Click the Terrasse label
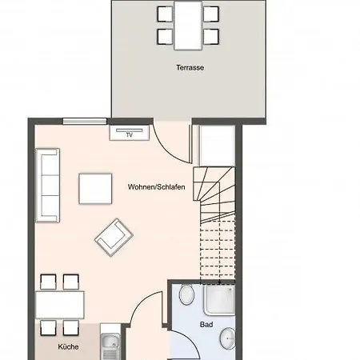190,68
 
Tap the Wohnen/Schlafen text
156,187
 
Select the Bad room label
206,325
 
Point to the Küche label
68,346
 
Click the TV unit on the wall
130,133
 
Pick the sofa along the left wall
47,186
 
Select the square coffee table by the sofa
95,189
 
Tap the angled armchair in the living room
114,238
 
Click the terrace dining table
188,26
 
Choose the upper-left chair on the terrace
165,14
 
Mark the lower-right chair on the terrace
211,37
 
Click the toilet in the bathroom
186,294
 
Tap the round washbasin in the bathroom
228,338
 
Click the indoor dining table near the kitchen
60,305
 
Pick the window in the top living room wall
85,122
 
